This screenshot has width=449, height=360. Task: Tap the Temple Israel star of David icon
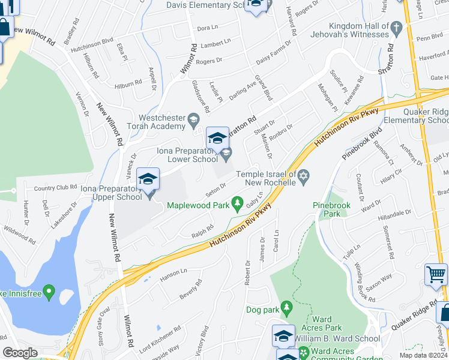tap(304, 176)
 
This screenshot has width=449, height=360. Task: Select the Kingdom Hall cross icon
tap(396, 28)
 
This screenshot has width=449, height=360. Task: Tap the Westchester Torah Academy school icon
tap(193, 121)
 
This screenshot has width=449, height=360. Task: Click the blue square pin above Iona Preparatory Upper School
tap(148, 179)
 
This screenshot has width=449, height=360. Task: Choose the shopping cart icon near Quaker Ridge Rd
tap(435, 274)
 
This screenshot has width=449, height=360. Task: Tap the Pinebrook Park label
tap(331, 209)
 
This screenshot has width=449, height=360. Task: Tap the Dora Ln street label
tap(206, 28)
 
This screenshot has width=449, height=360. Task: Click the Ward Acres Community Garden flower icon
tap(304, 352)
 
